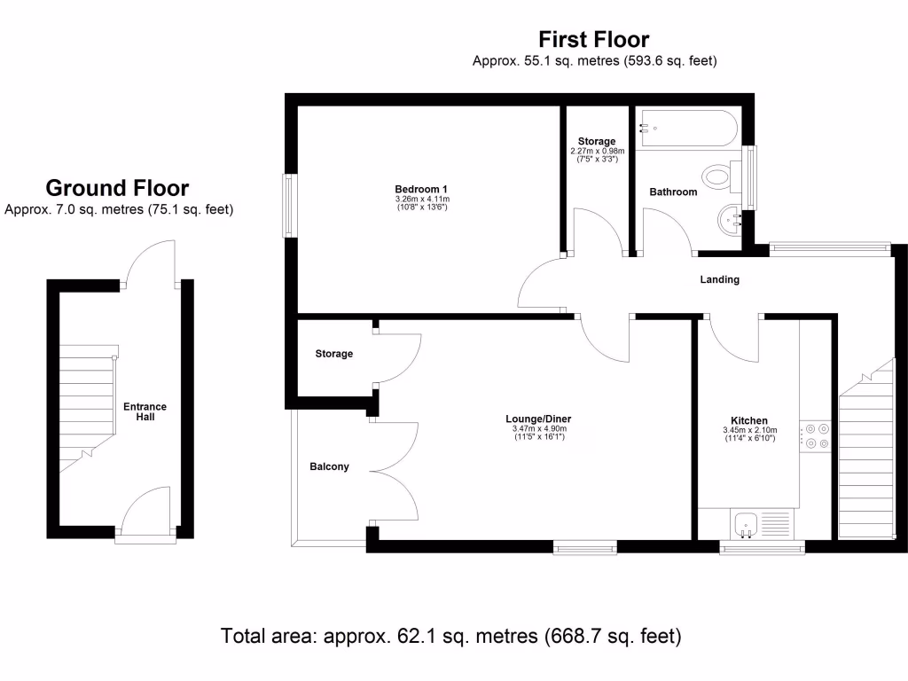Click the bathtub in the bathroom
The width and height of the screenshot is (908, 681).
point(686,129)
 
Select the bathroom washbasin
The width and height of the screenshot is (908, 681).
point(732,218)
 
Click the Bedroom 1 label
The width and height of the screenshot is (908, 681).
point(421,188)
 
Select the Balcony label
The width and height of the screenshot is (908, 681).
point(329,466)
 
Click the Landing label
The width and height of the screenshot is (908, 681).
point(719,279)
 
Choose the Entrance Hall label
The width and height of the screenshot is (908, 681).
point(145,411)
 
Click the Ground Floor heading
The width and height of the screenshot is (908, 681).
point(117,188)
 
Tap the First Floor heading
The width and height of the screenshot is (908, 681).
point(594,40)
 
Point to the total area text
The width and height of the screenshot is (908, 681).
point(450,636)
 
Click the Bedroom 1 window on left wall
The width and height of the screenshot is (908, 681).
point(289,206)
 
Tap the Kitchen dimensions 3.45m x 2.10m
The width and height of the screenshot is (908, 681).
point(749,431)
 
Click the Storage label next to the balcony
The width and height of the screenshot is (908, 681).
point(334,354)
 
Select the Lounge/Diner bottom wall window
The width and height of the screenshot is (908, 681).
point(585,548)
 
